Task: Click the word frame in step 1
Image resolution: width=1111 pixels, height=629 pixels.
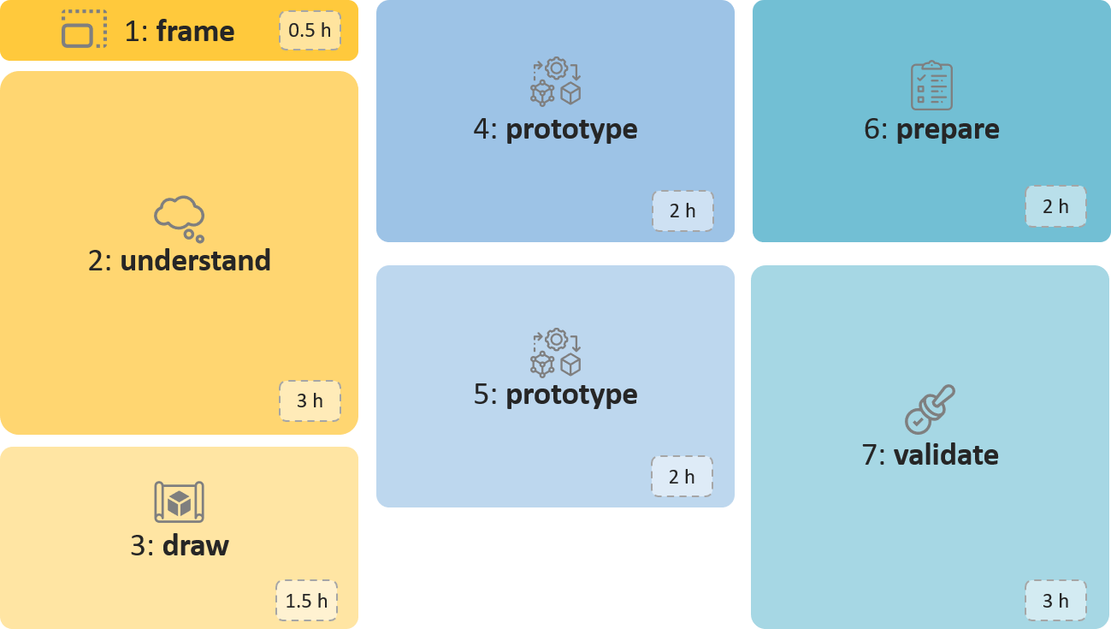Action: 195,32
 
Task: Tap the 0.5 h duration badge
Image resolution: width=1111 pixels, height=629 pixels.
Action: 310,31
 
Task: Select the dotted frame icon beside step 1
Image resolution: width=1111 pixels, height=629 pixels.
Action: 84,30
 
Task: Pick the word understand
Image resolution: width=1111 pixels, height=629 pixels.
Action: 195,260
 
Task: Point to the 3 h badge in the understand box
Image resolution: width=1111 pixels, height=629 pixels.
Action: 310,401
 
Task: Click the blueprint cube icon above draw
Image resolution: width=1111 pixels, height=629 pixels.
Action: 179,501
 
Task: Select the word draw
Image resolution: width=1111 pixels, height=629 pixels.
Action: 196,546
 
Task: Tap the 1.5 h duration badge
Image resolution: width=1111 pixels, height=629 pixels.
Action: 306,601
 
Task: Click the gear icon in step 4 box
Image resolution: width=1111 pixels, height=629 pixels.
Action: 557,68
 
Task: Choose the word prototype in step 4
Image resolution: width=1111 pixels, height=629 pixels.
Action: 571,129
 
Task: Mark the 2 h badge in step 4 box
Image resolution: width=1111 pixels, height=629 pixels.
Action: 683,211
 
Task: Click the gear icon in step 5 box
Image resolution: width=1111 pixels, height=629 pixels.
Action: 557,340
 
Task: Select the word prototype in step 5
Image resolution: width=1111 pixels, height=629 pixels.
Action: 571,395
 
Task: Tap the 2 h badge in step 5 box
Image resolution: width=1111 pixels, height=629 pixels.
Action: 682,477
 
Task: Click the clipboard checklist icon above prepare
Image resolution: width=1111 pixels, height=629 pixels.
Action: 931,86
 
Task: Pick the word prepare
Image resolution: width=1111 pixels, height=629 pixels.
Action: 948,129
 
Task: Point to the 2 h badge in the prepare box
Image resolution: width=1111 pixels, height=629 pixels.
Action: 1055,206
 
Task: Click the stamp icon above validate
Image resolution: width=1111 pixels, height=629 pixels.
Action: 930,409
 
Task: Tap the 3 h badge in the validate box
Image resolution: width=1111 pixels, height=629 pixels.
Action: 1055,601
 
